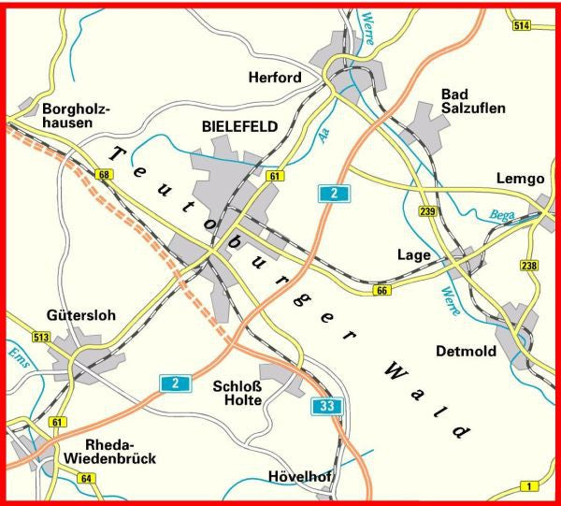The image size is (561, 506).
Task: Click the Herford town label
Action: point(275,78)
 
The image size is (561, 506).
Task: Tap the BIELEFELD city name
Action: point(239,126)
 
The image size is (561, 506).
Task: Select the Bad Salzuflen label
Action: point(473,101)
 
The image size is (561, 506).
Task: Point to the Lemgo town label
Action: point(521,179)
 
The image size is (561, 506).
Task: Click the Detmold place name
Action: point(464,351)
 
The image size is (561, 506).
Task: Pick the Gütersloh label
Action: point(80,315)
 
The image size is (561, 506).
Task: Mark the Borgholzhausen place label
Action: point(77,116)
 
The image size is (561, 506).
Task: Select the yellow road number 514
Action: point(522,25)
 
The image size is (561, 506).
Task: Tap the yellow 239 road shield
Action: point(428,212)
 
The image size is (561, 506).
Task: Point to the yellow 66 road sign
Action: point(381,293)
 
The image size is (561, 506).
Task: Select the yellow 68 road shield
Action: point(103,175)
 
